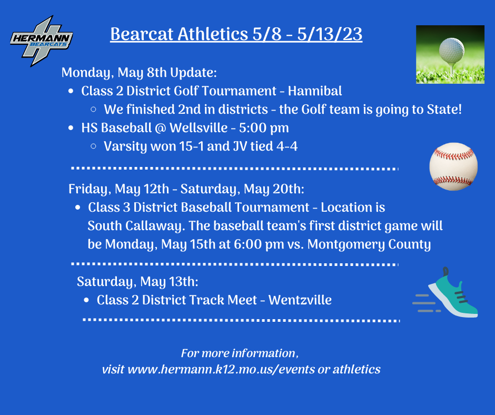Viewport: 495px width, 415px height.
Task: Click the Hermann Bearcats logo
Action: coord(42,41)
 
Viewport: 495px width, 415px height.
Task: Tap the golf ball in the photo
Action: coord(452,50)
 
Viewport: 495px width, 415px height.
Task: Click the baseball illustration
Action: coord(453,166)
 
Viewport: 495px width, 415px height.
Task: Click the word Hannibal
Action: coord(315,91)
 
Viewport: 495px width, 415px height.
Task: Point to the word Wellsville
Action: coord(199,128)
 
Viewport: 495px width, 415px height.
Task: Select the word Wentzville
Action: coord(300,300)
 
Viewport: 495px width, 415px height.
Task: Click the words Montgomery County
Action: coord(369,244)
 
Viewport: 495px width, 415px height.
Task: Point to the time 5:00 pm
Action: coord(264,128)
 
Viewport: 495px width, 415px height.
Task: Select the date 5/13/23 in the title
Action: coord(330,34)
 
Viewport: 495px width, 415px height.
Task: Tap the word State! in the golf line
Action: coord(444,109)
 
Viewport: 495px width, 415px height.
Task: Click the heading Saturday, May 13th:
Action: coord(137,282)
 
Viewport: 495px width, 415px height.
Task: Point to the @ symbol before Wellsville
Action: coord(161,128)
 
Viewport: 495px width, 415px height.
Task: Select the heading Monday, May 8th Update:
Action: coord(139,73)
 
